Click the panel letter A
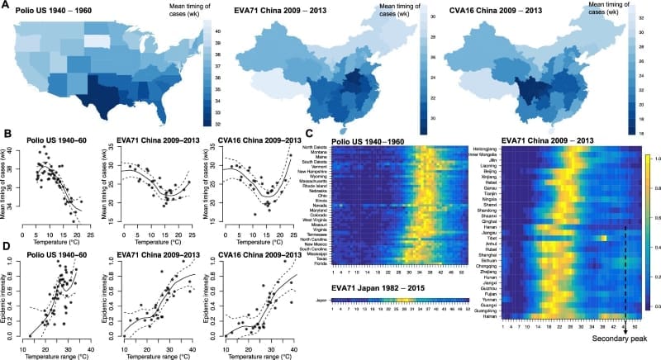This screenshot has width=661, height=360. tap(6, 6)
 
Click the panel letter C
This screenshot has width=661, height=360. tap(309, 132)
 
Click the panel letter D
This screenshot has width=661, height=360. tap(6, 245)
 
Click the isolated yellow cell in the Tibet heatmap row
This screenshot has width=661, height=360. tap(605, 239)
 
